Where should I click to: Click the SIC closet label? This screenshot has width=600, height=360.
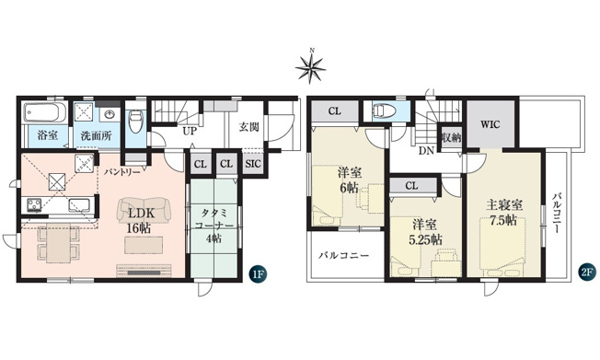253,164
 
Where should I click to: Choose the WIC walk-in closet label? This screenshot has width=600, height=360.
488,122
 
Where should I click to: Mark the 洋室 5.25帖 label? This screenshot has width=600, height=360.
424,230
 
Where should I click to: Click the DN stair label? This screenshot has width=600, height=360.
426,150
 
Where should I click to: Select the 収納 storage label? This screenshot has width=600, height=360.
450,137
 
